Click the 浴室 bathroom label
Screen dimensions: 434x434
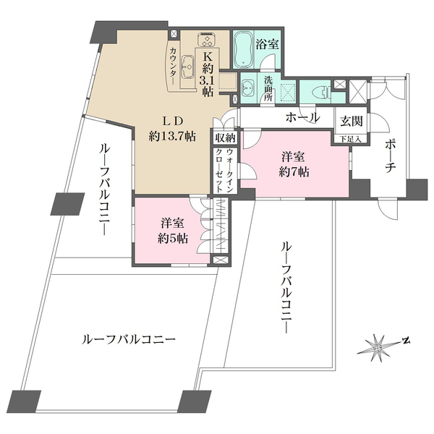pyautogui.click(x=268, y=45)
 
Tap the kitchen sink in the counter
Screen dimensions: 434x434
pyautogui.click(x=187, y=67)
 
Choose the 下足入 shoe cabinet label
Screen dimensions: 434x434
pyautogui.click(x=348, y=137)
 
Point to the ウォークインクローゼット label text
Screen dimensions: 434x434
pyautogui.click(x=224, y=169)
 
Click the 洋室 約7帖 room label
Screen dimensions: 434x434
pyautogui.click(x=295, y=164)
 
